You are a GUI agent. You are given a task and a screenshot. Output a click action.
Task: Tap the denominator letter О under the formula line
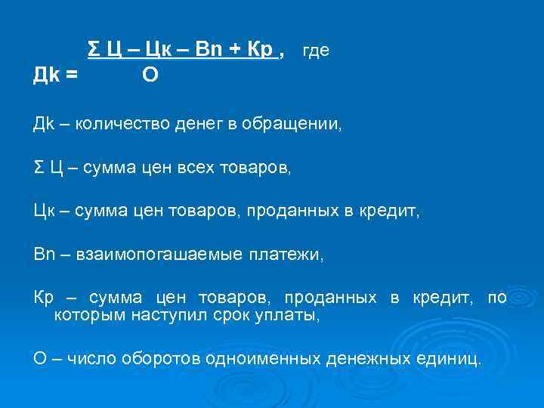click(150, 76)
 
